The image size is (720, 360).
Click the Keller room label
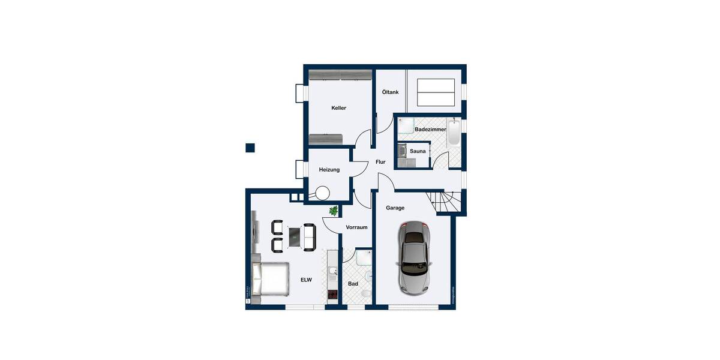click(339, 108)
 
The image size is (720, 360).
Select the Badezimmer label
click(430, 130)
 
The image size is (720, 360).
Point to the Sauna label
click(418, 151)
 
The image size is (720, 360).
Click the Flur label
click(380, 162)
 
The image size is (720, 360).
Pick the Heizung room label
click(329, 170)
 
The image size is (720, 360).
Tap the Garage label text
click(395, 208)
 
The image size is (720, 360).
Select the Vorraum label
click(356, 228)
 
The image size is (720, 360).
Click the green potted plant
click(334, 211)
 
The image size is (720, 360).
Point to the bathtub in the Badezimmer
click(454, 133)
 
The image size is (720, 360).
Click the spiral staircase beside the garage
click(447, 202)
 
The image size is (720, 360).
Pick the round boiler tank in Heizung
click(323, 193)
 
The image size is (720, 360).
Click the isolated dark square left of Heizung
click(250, 148)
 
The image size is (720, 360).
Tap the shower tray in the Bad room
click(363, 258)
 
